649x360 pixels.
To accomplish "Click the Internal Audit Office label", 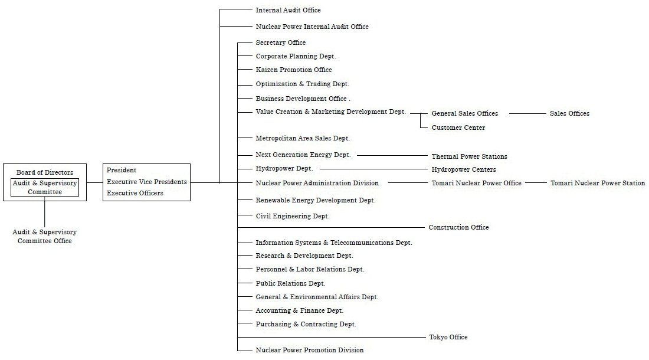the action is (288, 10).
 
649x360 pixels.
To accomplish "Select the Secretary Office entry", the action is (281, 42).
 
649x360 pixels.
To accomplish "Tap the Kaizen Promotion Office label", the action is (294, 70).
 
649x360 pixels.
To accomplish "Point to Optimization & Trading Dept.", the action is (303, 84).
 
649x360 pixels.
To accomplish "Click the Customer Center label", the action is (458, 127).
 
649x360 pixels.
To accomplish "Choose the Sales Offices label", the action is (569, 113).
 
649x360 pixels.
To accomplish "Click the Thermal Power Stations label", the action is (470, 156).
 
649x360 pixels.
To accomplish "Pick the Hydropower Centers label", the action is (464, 169).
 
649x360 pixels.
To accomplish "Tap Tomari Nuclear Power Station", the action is (598, 183).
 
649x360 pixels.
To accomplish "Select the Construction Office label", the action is (458, 227).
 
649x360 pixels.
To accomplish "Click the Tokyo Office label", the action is (448, 337).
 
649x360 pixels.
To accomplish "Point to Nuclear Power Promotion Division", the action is (310, 350).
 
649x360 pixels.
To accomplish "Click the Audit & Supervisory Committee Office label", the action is (45, 236).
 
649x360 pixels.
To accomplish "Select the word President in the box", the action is (122, 170).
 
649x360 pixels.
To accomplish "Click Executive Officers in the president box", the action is (135, 193).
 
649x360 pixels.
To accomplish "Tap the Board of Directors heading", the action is (45, 172).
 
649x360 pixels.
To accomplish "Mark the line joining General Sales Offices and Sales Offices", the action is (527, 113).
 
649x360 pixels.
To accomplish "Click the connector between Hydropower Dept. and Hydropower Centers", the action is (373, 169).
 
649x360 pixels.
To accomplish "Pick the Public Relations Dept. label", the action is (290, 283).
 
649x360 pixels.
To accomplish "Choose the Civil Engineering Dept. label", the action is (293, 216).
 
